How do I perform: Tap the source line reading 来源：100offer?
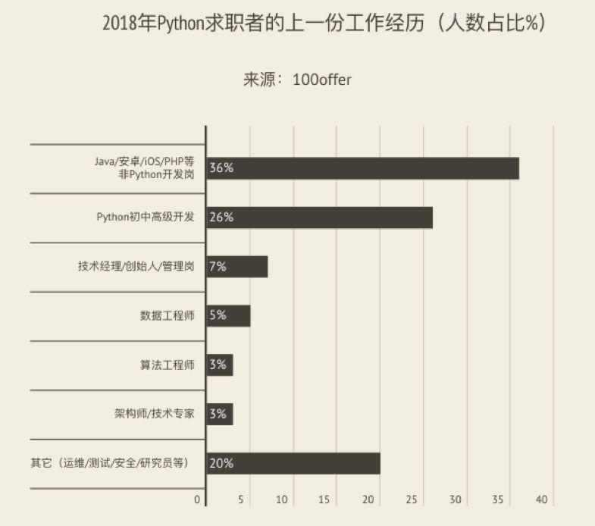pyautogui.click(x=297, y=80)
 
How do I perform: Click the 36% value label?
pyautogui.click(x=221, y=168)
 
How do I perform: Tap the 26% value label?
pyautogui.click(x=221, y=218)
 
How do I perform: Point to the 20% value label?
pyautogui.click(x=221, y=463)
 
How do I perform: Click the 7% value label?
pyautogui.click(x=218, y=267)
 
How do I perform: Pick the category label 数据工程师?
pyautogui.click(x=168, y=315)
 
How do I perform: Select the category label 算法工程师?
pyautogui.click(x=168, y=365)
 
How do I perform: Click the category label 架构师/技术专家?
pyautogui.click(x=154, y=414)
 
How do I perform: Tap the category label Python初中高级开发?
pyautogui.click(x=146, y=218)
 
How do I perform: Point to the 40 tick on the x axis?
pyautogui.click(x=541, y=500)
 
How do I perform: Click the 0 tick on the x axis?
pyautogui.click(x=198, y=500)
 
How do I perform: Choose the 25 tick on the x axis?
pyautogui.click(x=412, y=500)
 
